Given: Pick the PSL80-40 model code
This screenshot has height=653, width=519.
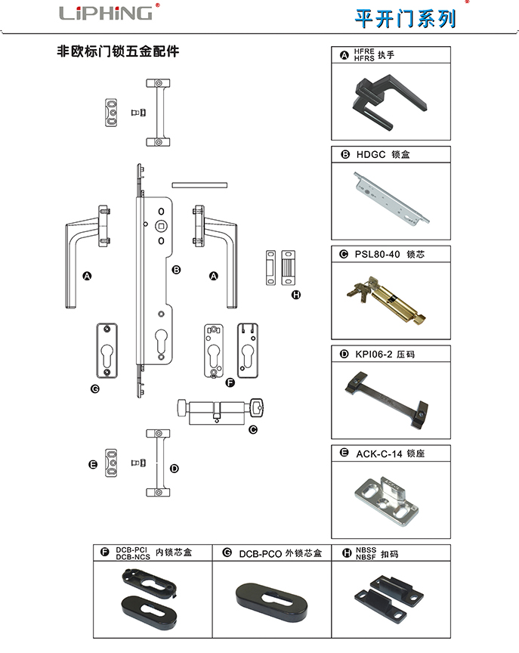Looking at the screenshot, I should tap(379, 254).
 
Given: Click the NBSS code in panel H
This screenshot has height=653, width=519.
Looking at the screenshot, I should tap(366, 549).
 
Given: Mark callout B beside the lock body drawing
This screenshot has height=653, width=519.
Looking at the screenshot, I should tap(175, 269).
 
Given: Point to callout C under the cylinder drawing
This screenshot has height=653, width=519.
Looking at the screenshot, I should tap(253, 429).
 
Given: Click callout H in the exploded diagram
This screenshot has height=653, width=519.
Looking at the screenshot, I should tap(296, 294).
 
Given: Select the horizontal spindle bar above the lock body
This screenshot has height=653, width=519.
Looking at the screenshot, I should tap(199, 184).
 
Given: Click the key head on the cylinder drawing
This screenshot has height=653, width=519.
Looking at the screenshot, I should tap(257, 407).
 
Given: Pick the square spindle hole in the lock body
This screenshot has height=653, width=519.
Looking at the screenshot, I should tap(160, 226).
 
